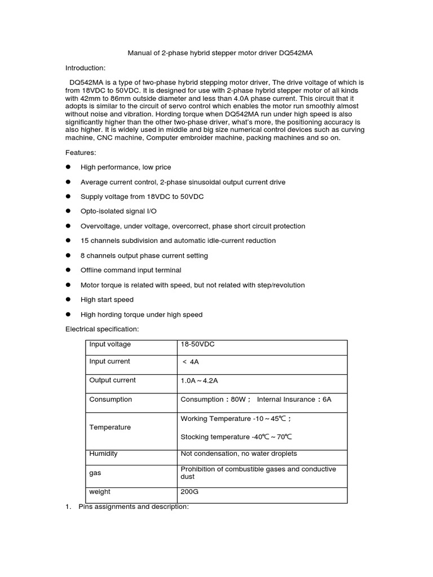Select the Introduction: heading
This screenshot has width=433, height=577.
click(86, 68)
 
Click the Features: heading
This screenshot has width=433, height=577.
click(81, 153)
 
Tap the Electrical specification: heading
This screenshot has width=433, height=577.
click(101, 329)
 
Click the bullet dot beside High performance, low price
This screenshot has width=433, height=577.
click(68, 167)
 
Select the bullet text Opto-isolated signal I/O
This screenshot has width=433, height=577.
click(118, 211)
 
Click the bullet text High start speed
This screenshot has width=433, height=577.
click(107, 300)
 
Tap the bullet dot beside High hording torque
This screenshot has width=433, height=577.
click(68, 314)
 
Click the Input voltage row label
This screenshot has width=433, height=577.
click(110, 344)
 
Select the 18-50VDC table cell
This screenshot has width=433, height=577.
click(197, 344)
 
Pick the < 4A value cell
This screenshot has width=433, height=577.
click(191, 362)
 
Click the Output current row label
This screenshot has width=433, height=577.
click(113, 380)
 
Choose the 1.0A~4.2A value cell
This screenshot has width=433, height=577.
click(199, 381)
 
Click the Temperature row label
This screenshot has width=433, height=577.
click(110, 427)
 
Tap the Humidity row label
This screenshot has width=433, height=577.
click(104, 454)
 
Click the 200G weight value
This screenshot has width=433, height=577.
click(189, 491)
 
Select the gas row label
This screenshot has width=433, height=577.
click(95, 473)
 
